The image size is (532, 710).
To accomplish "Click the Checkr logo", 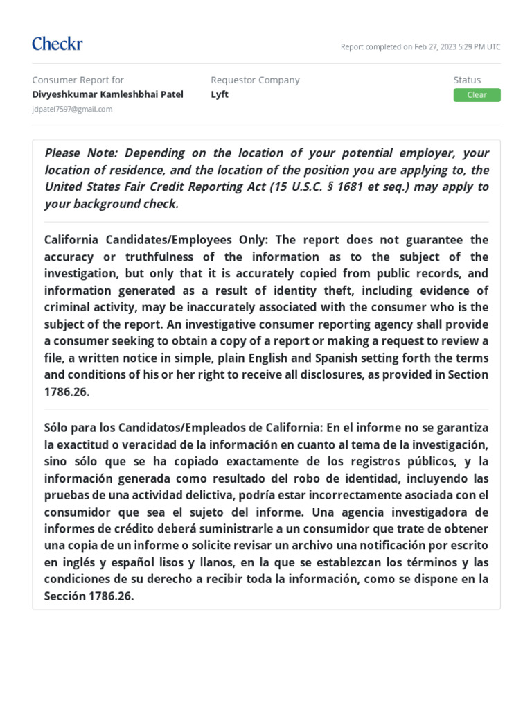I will point(57,44).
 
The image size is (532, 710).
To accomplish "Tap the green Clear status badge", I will point(477,95).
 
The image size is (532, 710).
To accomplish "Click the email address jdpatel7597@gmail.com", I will point(72,110).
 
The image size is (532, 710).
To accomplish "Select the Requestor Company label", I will point(255,80).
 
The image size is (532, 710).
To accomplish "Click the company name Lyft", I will point(220,94).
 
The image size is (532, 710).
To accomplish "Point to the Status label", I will point(467,80).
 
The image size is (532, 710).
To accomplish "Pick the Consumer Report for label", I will point(78,80).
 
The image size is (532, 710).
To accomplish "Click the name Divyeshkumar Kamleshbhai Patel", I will point(107,94).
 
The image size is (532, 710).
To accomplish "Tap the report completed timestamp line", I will point(420,47).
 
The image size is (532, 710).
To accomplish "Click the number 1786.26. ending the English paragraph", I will point(67,392).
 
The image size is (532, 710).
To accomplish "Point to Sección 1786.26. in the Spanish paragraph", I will point(89,596).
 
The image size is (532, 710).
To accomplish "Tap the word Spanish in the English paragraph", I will point(339,358).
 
